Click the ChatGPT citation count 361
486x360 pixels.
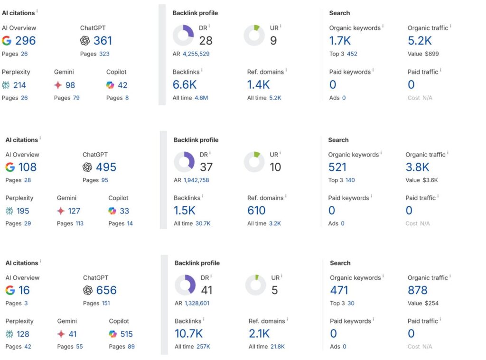[x=103, y=41]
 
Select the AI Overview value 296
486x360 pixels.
[x=26, y=41]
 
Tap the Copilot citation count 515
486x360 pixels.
[x=126, y=334]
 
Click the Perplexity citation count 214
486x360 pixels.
[x=19, y=85]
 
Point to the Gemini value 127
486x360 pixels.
[x=74, y=211]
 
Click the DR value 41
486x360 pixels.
[x=206, y=290]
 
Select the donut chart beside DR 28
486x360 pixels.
[x=183, y=36]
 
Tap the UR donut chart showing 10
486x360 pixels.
[x=254, y=162]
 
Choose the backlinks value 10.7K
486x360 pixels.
[x=188, y=334]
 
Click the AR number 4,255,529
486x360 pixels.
[x=196, y=54]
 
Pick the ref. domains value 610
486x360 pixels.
[x=256, y=211]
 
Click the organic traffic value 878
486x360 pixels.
[x=417, y=290]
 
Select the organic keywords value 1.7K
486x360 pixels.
[x=340, y=41]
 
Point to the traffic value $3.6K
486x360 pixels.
[x=430, y=180]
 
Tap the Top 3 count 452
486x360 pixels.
[x=352, y=54]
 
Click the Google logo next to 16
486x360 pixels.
[x=10, y=290]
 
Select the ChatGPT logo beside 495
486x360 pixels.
[x=87, y=167]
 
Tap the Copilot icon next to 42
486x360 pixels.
[x=110, y=85]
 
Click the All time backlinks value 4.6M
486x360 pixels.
[x=201, y=98]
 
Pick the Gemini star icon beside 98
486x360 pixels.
[x=58, y=85]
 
